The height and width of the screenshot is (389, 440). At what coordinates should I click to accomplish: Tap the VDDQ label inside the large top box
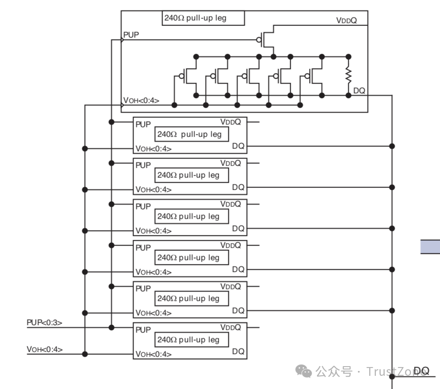point(346,20)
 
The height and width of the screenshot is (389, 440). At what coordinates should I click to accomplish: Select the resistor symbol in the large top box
point(349,76)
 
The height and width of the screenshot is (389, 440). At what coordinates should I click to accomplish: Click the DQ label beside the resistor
point(359,90)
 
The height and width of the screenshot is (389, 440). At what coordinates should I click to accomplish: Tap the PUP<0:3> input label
point(44,323)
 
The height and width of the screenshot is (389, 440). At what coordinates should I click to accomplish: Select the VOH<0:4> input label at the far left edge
point(44,349)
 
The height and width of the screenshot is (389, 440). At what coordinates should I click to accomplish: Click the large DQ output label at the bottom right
point(422,371)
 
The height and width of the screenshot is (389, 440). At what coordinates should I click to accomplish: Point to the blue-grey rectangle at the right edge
point(430,246)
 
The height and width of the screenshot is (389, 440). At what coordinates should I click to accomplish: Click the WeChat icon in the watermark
point(304,371)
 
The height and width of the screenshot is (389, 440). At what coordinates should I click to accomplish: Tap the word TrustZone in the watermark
point(395,371)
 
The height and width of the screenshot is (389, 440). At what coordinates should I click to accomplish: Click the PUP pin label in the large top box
point(131,34)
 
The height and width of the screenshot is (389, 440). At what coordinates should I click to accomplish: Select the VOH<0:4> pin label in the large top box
point(141,101)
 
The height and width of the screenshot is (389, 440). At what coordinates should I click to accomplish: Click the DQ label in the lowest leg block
point(238,351)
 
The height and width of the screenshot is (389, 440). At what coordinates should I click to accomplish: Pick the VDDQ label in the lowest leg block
point(231,327)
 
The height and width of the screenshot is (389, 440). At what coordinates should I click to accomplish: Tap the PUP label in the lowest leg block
point(143,330)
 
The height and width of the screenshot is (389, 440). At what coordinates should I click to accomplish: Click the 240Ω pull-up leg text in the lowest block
point(188,340)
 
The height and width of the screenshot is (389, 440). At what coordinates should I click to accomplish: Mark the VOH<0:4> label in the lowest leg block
point(154,354)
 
